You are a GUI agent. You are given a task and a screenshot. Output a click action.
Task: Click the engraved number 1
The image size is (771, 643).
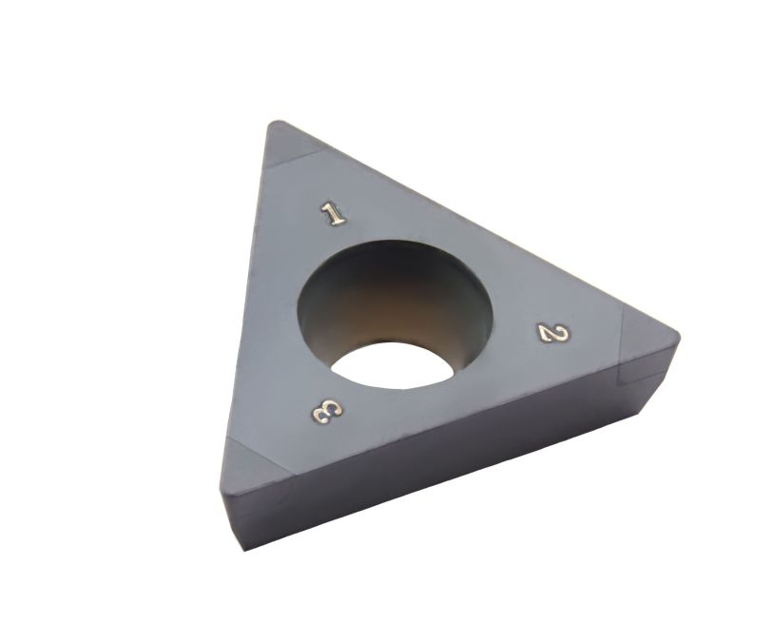[334, 213]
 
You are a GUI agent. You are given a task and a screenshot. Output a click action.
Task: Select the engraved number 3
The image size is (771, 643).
[327, 411]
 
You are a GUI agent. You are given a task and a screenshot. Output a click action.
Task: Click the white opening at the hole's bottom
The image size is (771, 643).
[392, 366]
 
